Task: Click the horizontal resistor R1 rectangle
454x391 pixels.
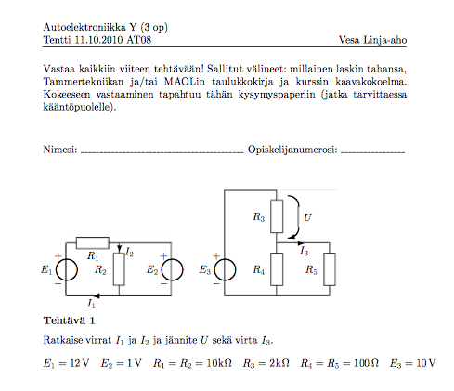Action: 93,243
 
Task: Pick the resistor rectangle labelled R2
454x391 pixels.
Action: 119,269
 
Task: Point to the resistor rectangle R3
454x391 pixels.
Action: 277,216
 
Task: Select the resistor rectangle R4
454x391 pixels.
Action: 277,269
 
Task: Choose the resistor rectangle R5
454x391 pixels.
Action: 330,269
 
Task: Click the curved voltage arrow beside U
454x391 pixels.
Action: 299,216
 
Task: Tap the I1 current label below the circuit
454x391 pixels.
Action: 91,304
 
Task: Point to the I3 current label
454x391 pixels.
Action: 304,251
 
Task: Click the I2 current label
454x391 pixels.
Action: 130,252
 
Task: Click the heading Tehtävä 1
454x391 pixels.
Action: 69,320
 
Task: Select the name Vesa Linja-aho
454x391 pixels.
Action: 372,40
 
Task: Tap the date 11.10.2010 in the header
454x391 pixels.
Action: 99,40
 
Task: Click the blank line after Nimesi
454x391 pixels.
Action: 162,152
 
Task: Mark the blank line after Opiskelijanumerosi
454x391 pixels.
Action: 373,152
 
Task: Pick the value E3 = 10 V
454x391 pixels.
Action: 412,363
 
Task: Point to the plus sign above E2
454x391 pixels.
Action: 163,256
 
